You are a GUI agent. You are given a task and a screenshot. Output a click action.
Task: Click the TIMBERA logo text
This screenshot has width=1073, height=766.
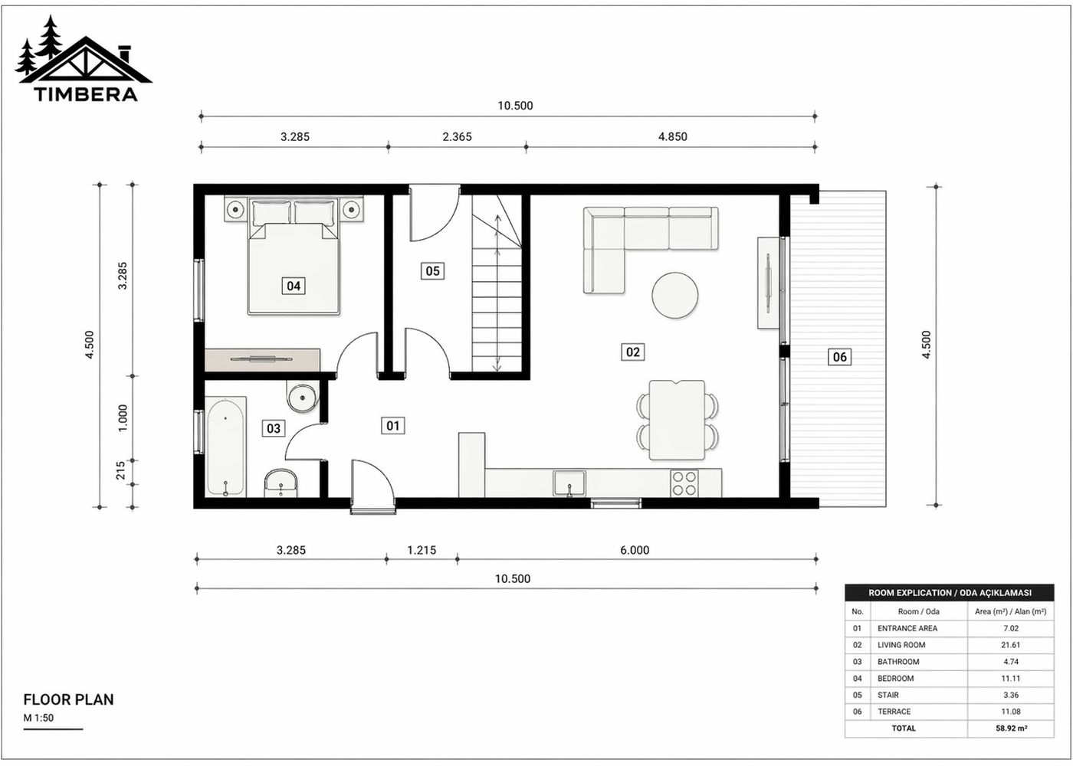point(85,94)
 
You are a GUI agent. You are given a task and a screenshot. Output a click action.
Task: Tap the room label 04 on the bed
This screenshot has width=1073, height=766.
point(294,286)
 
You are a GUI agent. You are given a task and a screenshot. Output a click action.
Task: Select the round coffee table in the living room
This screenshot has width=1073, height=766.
point(674,295)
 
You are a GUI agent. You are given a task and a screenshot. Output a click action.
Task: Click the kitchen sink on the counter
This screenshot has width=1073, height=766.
point(569,483)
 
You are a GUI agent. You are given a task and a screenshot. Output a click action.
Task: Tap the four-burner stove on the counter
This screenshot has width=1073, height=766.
point(684,483)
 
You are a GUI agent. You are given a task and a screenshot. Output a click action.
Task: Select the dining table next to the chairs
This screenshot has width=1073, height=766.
point(677,420)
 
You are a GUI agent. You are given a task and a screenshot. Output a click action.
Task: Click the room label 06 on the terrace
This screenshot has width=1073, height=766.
point(840,356)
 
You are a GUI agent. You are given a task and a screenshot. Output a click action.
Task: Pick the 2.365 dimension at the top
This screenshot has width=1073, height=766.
point(457,137)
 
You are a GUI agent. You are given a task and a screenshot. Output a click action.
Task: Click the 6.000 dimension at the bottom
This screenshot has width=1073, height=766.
point(635,550)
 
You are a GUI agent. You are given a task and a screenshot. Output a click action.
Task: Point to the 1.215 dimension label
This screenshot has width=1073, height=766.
point(422,550)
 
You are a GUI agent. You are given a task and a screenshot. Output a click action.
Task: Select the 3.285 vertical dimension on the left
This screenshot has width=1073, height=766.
point(123,276)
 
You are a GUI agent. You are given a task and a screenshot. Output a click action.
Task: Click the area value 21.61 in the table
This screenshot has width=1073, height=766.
point(1010,645)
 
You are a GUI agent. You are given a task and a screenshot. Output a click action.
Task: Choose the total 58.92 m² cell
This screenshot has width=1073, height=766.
point(1011,728)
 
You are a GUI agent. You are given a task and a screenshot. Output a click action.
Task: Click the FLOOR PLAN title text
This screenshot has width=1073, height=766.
point(68,699)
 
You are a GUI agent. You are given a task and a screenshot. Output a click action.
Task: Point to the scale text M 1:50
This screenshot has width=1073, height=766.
point(39,719)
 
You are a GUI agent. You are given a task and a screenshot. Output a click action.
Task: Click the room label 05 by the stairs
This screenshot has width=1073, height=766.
point(433,270)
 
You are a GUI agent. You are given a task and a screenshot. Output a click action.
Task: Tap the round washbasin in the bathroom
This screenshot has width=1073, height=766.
point(301,398)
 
